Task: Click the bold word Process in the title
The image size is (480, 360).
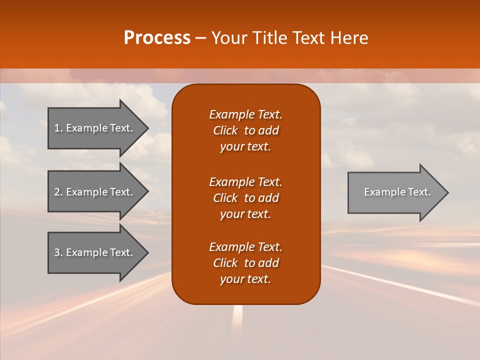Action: [157, 38]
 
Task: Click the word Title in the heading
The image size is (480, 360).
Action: [268, 38]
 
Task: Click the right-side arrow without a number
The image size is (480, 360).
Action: [395, 192]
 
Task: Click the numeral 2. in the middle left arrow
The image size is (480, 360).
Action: [58, 192]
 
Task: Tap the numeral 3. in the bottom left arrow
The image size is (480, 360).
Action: [58, 252]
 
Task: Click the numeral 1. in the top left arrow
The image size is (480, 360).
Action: [58, 128]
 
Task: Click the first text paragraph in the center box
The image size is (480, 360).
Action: [245, 130]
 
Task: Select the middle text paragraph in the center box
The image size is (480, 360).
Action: [245, 198]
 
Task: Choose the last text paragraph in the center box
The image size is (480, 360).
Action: [245, 263]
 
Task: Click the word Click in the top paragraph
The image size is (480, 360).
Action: [225, 130]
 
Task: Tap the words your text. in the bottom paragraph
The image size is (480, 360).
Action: [245, 279]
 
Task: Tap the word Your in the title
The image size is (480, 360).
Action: [229, 38]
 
